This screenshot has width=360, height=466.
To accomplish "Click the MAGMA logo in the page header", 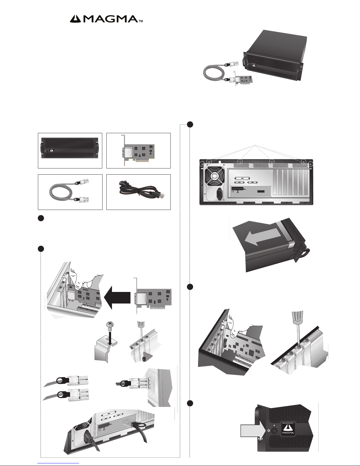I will [x=108, y=19].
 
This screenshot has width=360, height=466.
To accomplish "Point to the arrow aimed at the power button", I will [x=250, y=431].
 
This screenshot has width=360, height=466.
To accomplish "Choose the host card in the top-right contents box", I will [x=138, y=150].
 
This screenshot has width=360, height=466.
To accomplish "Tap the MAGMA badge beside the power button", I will [x=288, y=430].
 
